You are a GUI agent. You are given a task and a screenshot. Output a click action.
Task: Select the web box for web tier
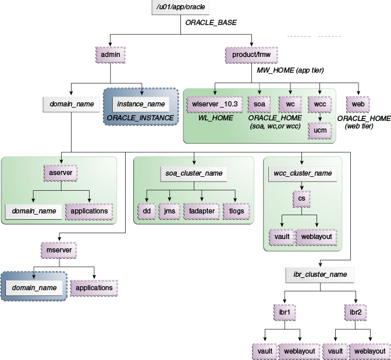[x=358, y=104]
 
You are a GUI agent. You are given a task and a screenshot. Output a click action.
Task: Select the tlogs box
[x=237, y=211]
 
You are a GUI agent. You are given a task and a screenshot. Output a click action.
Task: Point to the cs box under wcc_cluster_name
[x=301, y=199]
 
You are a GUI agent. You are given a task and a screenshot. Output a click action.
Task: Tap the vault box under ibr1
[x=264, y=351]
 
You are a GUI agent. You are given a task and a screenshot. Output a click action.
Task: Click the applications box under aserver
[x=89, y=211]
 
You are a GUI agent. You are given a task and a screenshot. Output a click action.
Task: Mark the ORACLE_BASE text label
[x=211, y=24]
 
